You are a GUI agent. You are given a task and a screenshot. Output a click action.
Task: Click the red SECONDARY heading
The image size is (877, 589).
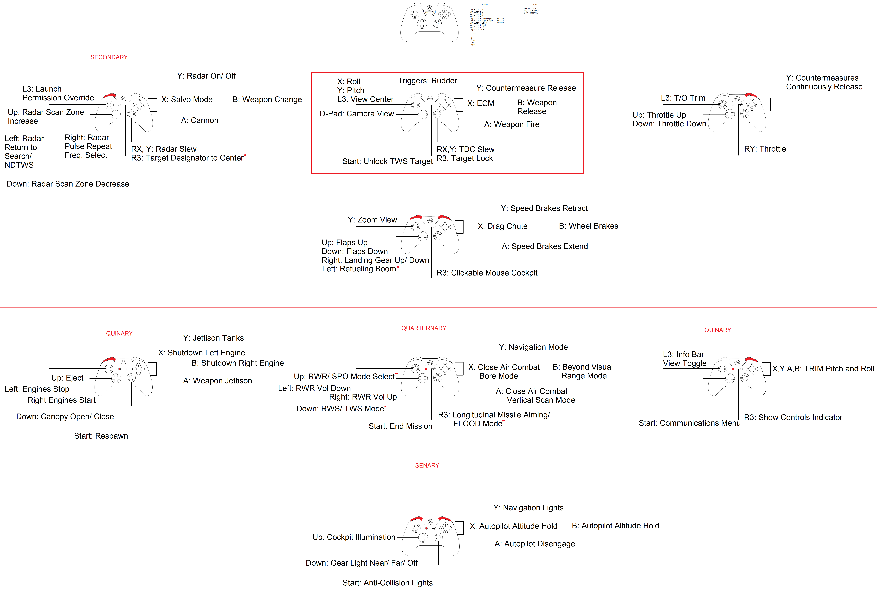point(109,57)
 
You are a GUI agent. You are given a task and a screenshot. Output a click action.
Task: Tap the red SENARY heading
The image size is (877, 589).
point(427,465)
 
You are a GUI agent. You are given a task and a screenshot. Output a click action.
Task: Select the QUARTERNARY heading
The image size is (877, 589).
point(424,328)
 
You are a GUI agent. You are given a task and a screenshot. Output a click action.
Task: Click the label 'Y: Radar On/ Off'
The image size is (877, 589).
point(206,76)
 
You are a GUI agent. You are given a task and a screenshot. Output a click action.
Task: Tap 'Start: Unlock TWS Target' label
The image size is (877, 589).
point(387,161)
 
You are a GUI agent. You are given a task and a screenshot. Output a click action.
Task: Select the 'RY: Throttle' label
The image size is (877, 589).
point(765,149)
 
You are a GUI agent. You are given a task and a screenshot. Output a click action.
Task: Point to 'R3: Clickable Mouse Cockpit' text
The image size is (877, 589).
point(487,273)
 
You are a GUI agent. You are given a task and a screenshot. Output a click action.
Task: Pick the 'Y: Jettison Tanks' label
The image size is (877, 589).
point(213,338)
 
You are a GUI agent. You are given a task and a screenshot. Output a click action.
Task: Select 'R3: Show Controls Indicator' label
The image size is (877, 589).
point(793,417)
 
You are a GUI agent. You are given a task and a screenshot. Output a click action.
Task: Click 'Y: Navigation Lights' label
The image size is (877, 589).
point(528,508)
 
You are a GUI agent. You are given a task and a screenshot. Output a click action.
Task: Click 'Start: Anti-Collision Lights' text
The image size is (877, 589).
point(387,583)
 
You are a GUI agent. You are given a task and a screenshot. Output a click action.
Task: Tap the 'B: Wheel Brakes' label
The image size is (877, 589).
point(588,226)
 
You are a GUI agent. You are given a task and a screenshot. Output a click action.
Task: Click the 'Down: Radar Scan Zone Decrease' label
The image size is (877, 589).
point(68,184)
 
